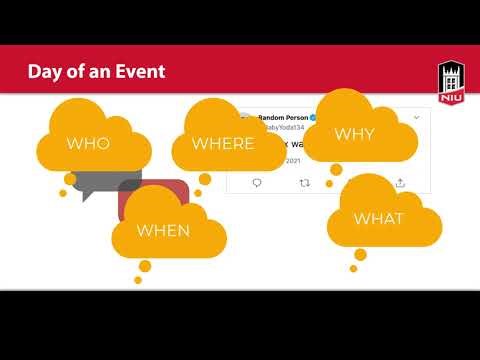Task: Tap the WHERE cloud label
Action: coord(223,144)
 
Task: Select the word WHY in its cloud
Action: coord(354,133)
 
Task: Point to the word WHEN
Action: coord(163,230)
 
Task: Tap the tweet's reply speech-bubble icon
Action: coord(257,183)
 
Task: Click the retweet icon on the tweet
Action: coord(305,183)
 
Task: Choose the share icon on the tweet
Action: coord(400,183)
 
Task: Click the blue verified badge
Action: coord(315,117)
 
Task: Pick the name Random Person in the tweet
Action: coord(283,117)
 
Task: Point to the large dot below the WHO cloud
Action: coord(70,179)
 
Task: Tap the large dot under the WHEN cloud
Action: coord(145,266)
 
